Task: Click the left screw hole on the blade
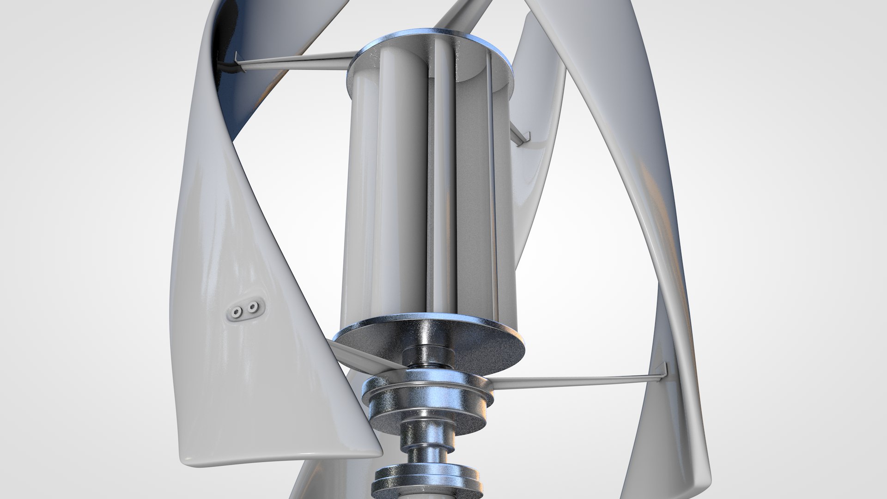(237, 313)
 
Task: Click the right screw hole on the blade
(253, 307)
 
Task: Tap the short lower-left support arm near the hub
(365, 356)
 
